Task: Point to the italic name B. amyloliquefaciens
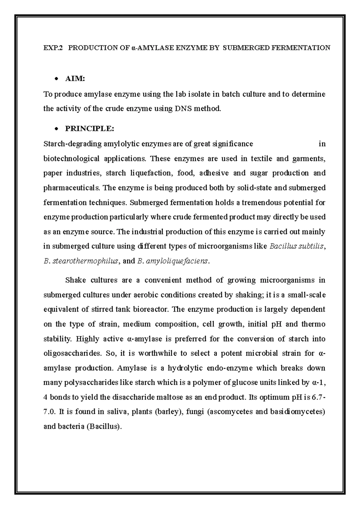click(x=172, y=261)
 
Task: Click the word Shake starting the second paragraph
click(x=76, y=280)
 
